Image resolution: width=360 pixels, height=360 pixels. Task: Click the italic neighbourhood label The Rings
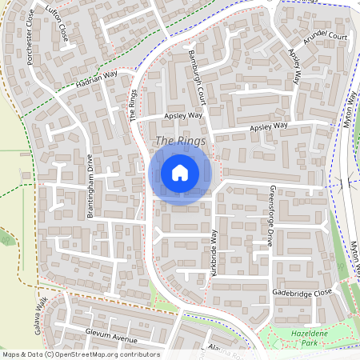[180, 141]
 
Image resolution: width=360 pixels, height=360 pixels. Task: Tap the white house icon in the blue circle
[180, 172]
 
